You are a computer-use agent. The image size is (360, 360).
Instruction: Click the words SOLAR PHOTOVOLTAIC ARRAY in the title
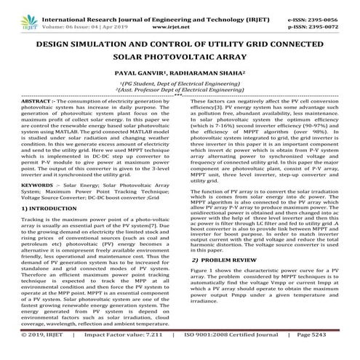(x=180, y=56)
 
